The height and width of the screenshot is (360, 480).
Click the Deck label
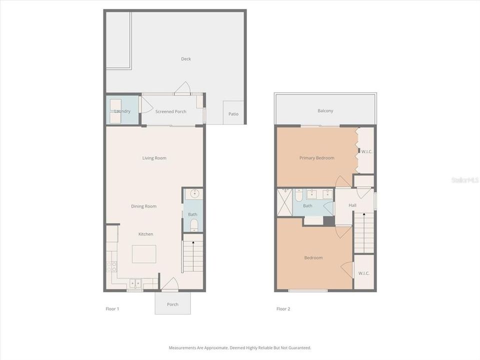coord(186,59)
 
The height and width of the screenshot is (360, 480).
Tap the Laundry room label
coord(122,111)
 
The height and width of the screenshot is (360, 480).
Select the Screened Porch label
coord(170,111)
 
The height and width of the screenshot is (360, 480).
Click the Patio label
coord(233,114)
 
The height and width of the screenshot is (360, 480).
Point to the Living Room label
coord(154,158)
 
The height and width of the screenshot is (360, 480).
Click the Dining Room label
coord(143,206)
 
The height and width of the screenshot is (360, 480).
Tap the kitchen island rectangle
coord(143,253)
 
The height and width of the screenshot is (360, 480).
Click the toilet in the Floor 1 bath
coord(194,225)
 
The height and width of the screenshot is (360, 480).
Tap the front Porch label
coord(172,304)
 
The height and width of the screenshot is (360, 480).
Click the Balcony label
coord(325,110)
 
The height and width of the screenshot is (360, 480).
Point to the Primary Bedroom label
coord(316,158)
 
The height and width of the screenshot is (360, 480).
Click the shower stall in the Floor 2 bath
coord(285,202)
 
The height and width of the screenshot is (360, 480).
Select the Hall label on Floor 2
coord(352,205)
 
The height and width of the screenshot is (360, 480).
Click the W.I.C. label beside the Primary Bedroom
coord(366,151)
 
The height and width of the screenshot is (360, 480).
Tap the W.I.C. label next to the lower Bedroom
coord(363,273)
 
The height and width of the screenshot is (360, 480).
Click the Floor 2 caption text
coord(283,309)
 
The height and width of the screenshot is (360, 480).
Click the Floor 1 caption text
coord(112,309)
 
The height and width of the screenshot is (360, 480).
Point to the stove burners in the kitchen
coord(111,266)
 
